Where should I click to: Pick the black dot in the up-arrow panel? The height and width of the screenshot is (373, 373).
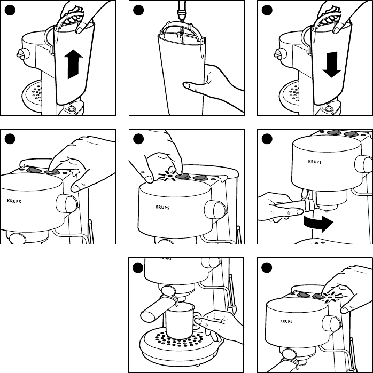coord(9,10)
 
